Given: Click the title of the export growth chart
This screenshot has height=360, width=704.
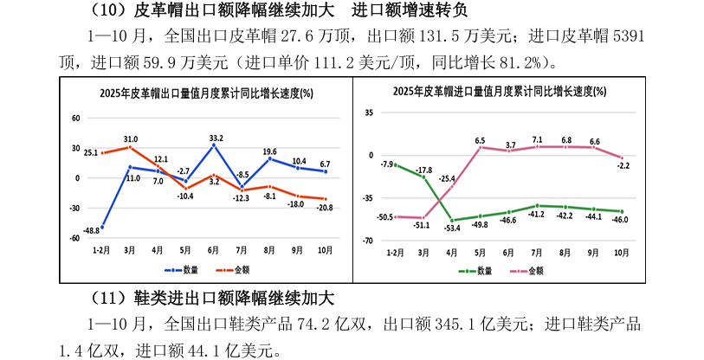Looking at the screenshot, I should click(x=206, y=93).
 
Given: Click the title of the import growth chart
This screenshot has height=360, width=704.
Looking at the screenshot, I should click(x=499, y=91).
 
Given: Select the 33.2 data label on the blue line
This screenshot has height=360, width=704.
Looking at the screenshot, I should click(x=216, y=138).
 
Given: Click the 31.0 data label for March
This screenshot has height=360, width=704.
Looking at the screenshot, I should click(x=131, y=138).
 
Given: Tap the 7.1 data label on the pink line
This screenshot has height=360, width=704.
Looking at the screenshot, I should click(x=537, y=139).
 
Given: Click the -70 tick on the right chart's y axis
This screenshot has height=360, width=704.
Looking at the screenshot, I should click(x=368, y=241).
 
